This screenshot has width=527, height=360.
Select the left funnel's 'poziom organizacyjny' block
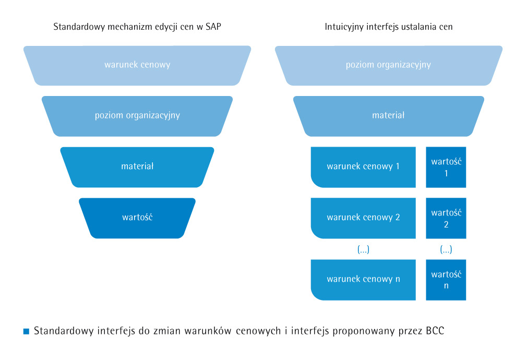click(x=137, y=116)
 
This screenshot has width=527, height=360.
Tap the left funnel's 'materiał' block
click(x=137, y=167)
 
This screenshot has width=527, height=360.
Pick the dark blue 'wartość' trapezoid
click(x=137, y=218)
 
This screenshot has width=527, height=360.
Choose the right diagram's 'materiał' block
click(x=389, y=116)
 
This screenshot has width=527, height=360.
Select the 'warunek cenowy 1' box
click(x=363, y=167)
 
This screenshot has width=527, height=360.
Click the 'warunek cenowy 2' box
click(x=363, y=218)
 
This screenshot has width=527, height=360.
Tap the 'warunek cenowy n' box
click(x=363, y=280)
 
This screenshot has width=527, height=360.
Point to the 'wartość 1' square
click(x=446, y=167)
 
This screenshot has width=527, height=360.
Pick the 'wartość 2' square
click(x=446, y=218)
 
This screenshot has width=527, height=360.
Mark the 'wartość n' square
click(x=446, y=280)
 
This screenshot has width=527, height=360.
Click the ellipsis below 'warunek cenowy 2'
click(x=363, y=249)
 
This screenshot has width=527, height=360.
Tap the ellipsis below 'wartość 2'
click(x=446, y=249)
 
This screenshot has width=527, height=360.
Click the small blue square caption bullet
click(x=26, y=331)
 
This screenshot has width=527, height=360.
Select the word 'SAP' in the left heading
click(x=213, y=27)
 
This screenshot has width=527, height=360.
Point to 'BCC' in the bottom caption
click(x=435, y=331)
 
